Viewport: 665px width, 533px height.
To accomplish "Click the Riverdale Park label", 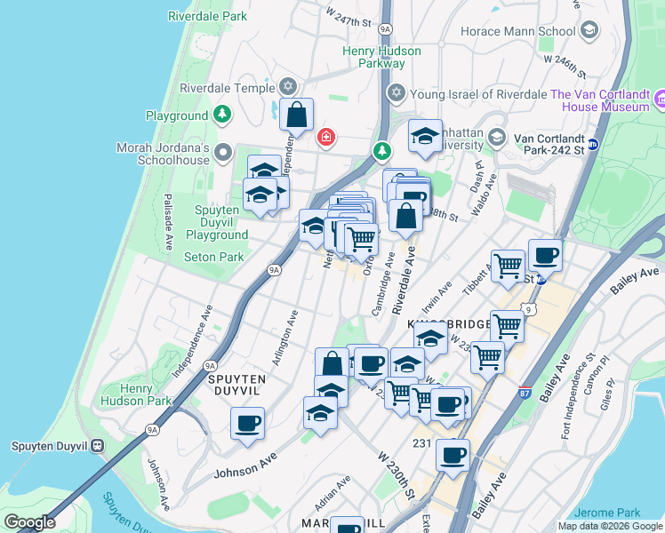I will click(207, 16).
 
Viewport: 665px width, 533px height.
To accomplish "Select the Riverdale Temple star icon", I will click(287, 87).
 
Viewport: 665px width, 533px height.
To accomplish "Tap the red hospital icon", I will click(326, 137).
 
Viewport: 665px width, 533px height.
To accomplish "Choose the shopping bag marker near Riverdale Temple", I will click(296, 115).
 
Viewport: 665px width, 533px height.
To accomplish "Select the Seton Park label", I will click(213, 258).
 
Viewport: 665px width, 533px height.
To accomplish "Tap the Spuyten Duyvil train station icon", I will click(98, 446).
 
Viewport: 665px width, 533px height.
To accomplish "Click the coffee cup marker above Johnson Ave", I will click(247, 424).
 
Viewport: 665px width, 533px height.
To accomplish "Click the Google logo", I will click(29, 522).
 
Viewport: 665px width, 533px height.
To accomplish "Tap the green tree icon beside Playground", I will click(221, 115).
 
